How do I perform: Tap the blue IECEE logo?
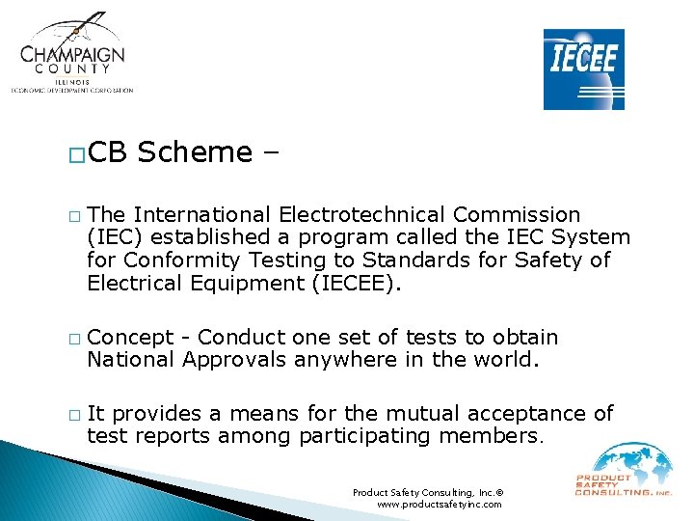point(583,69)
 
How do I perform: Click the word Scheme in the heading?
point(194,152)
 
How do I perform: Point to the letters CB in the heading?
point(110,152)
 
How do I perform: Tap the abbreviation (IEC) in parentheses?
point(117,237)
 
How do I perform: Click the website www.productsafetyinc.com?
point(440,505)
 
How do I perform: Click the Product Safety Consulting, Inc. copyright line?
point(428,492)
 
